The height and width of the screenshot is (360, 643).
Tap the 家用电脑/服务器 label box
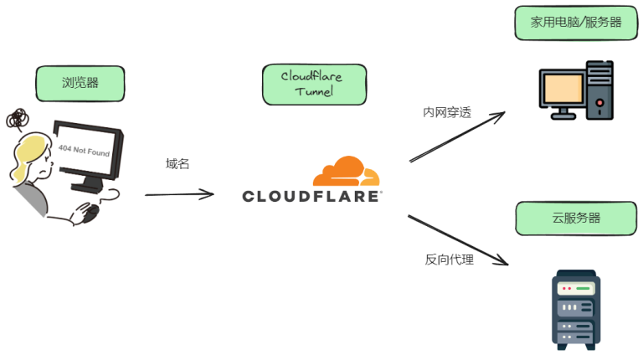click(x=576, y=22)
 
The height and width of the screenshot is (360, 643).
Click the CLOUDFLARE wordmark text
click(x=311, y=197)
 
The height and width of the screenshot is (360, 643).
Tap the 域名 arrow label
click(x=177, y=164)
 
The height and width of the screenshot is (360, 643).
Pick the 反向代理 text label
click(x=450, y=260)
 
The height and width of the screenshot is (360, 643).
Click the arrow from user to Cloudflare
click(x=179, y=194)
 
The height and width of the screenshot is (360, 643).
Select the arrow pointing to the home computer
click(x=456, y=137)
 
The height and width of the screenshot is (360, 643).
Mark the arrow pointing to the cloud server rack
click(x=458, y=240)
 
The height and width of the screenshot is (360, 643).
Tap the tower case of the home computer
click(x=600, y=89)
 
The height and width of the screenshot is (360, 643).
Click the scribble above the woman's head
click(x=16, y=120)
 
